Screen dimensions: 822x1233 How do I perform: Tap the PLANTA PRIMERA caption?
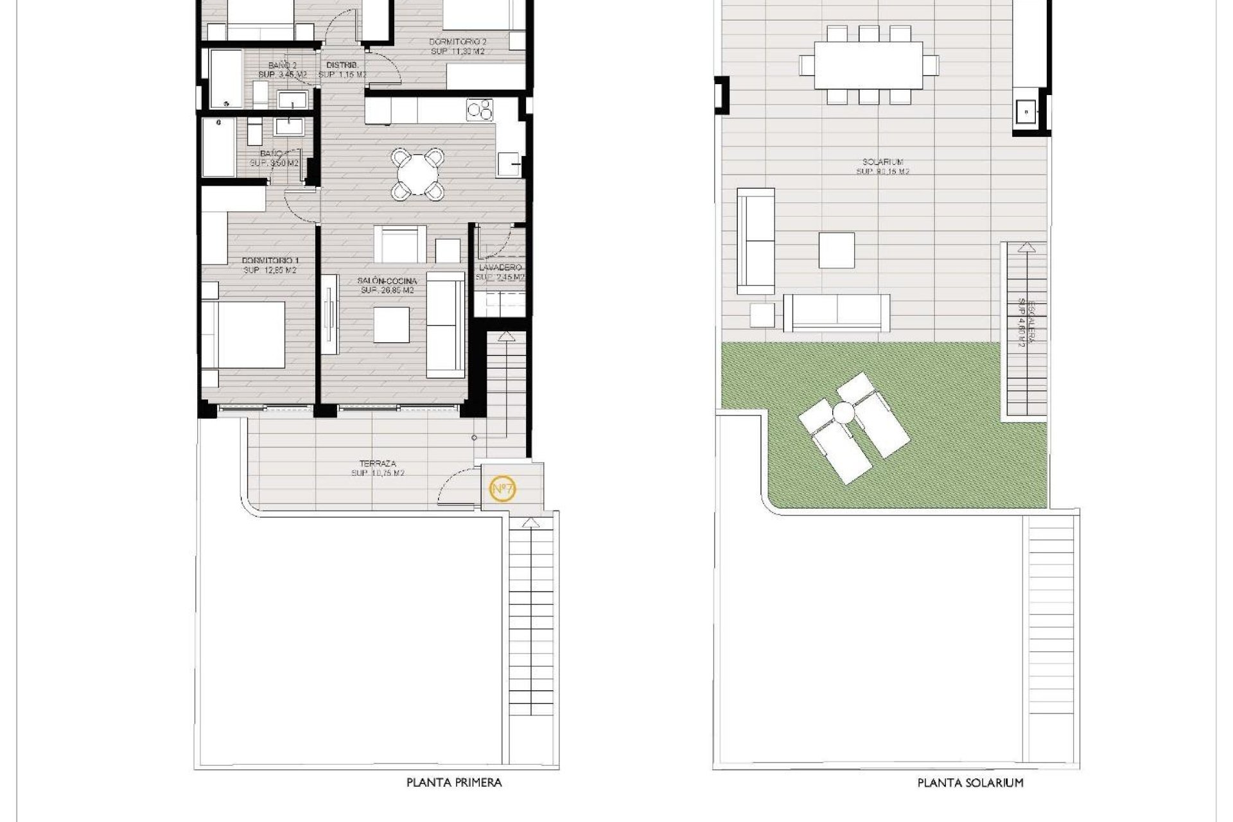(x=454, y=782)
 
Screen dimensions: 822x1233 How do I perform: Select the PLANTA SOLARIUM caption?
(x=970, y=782)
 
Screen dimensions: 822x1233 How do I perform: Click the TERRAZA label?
(x=378, y=463)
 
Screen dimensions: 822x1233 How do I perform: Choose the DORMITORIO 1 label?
(x=270, y=260)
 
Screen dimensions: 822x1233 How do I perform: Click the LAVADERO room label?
(x=500, y=268)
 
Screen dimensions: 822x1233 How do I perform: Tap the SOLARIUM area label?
(x=884, y=162)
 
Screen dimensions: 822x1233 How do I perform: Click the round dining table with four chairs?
(x=418, y=173)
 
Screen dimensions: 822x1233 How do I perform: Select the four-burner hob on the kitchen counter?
(x=480, y=110)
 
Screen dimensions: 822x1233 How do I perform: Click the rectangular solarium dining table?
(x=868, y=65)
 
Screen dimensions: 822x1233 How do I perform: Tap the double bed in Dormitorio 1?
(x=244, y=335)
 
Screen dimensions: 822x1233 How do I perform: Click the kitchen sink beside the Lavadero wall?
(x=510, y=164)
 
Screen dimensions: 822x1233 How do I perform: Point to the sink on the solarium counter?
(x=1026, y=114)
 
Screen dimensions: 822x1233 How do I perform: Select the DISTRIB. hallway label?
(x=342, y=66)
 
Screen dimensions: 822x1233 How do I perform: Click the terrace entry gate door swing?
(x=457, y=485)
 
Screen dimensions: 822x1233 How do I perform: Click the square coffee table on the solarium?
(x=836, y=250)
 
